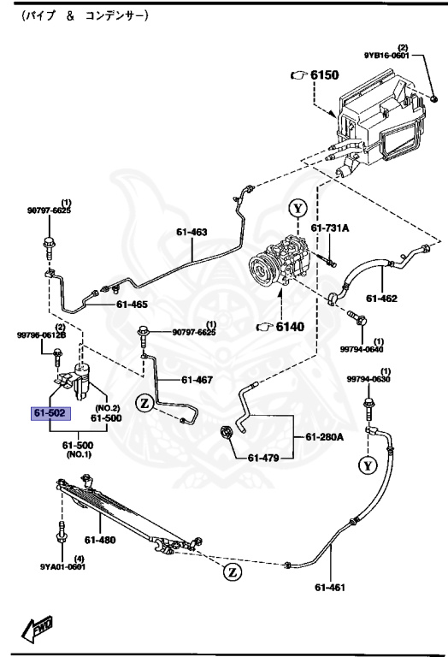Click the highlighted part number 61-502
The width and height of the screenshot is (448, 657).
coord(50,413)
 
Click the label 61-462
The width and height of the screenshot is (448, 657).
coord(382,299)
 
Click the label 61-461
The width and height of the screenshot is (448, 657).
coord(331,588)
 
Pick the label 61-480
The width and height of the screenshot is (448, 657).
coord(100,540)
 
